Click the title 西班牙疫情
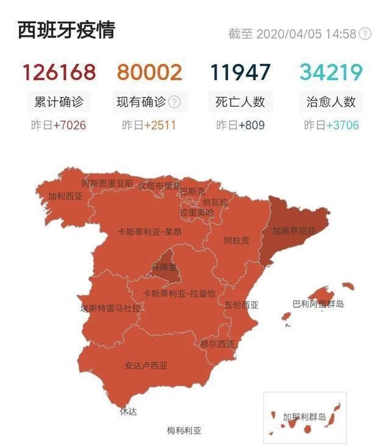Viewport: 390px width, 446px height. (x=66, y=30)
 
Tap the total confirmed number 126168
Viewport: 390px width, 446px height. (x=59, y=73)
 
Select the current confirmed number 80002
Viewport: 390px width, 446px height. (x=149, y=73)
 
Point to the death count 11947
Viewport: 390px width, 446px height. (x=240, y=73)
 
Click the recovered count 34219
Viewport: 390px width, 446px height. (x=331, y=73)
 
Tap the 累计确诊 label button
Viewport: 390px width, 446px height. (x=59, y=102)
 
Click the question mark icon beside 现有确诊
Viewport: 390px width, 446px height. (x=175, y=102)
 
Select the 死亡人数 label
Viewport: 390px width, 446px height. (x=240, y=102)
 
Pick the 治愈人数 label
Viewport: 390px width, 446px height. (x=331, y=102)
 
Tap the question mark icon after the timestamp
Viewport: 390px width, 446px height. (x=365, y=34)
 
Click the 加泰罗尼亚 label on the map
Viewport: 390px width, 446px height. (x=294, y=232)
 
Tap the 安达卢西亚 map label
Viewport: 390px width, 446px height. (x=146, y=366)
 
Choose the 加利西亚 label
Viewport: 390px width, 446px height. (x=65, y=196)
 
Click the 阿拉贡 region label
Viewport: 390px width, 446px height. (x=236, y=241)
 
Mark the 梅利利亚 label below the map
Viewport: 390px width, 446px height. (x=184, y=431)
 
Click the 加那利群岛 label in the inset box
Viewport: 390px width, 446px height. (x=304, y=417)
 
